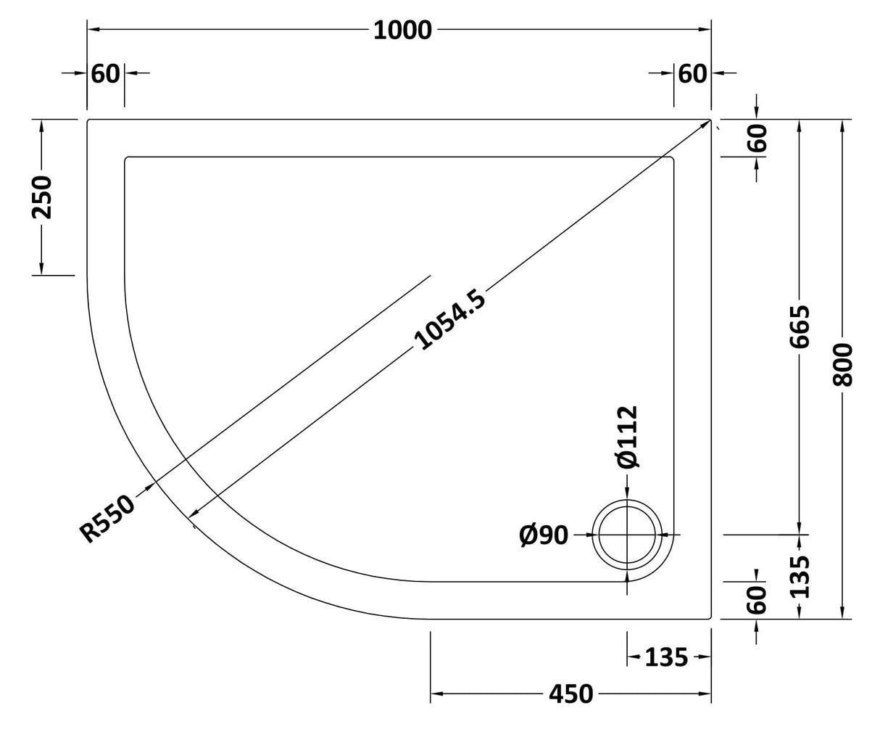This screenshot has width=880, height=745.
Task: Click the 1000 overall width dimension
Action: click(x=402, y=30)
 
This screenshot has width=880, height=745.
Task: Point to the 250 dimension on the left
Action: click(x=42, y=197)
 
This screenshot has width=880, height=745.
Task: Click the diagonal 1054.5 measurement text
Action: click(x=450, y=319)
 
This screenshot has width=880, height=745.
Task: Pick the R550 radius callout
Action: click(x=107, y=518)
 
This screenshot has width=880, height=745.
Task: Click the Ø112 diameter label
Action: click(x=626, y=437)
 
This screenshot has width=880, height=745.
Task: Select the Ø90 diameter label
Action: click(x=544, y=535)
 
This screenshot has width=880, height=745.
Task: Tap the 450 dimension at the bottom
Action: click(x=570, y=694)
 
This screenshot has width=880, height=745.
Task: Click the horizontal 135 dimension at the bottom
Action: click(x=665, y=657)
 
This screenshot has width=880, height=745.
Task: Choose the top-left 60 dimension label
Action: click(x=106, y=73)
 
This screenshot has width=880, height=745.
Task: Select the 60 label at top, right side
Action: click(x=692, y=73)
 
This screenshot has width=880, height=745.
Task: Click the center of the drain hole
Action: click(x=627, y=535)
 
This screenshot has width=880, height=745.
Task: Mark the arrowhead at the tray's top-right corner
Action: click(x=705, y=123)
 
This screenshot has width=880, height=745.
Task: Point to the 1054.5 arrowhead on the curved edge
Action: click(x=193, y=515)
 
